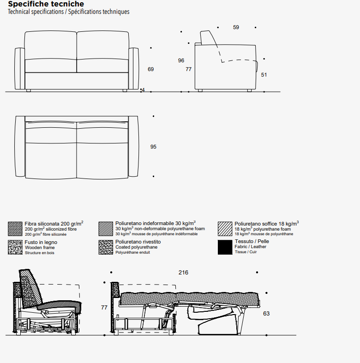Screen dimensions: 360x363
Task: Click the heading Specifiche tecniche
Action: click(46, 4)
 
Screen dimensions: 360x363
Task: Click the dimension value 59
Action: click(236, 27)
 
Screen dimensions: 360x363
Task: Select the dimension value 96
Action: click(181, 60)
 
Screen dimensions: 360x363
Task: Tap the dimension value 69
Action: click(150, 69)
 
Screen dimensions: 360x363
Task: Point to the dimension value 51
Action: click(264, 75)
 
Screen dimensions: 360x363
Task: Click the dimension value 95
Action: click(153, 147)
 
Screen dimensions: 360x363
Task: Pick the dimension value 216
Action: click(183, 273)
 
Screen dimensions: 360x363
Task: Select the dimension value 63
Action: click(266, 314)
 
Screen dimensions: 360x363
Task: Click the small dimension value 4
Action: click(143, 90)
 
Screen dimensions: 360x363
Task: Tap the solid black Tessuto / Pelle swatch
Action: click(225, 247)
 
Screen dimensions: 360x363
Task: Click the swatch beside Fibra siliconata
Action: click(15, 229)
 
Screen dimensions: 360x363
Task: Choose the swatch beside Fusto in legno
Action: click(15, 247)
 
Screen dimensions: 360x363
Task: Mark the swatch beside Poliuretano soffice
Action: click(225, 229)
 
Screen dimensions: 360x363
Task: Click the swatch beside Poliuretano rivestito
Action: click(106, 247)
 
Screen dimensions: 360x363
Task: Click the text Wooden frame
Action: click(40, 248)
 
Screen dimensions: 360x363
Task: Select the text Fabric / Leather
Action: click(251, 247)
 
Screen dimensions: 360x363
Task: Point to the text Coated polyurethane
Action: click(137, 247)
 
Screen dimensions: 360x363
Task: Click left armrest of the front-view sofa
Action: click(20, 69)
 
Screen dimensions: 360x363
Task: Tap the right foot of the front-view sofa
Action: click(125, 90)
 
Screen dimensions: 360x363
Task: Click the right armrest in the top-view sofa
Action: click(133, 146)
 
